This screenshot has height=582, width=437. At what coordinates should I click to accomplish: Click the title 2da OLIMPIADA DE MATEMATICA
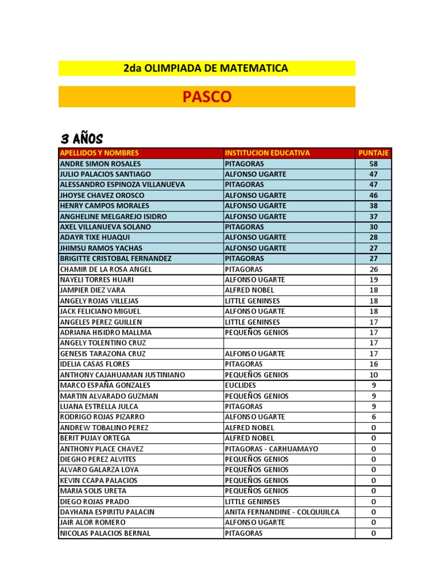[206, 68]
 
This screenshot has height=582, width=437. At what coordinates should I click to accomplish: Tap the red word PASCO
[207, 97]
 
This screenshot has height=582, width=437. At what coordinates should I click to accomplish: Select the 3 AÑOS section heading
[81, 139]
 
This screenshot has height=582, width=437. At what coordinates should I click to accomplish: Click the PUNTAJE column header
[373, 153]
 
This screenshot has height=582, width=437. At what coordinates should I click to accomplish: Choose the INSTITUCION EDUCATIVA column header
[267, 153]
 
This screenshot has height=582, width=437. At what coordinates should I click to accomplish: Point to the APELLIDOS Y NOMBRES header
[100, 153]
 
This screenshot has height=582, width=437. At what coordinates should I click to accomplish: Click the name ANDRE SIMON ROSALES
[100, 164]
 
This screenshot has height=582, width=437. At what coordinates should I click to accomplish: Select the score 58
[373, 164]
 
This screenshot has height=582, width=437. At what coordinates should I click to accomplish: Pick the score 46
[373, 195]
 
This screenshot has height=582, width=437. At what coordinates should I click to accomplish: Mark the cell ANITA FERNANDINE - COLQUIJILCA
[282, 512]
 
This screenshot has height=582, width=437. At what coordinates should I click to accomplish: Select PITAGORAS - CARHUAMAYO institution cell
[271, 449]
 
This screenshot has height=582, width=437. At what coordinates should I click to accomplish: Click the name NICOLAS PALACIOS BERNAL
[105, 533]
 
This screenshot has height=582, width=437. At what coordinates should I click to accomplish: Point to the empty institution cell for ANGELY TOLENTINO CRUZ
[288, 343]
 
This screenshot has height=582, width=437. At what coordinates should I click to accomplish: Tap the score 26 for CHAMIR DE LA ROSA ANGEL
[373, 269]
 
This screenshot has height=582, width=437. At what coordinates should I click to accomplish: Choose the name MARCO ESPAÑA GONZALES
[105, 385]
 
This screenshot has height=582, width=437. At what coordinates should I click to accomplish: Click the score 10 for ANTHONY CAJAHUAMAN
[373, 375]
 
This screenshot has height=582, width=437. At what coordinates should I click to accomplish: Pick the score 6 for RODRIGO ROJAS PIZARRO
[373, 417]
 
